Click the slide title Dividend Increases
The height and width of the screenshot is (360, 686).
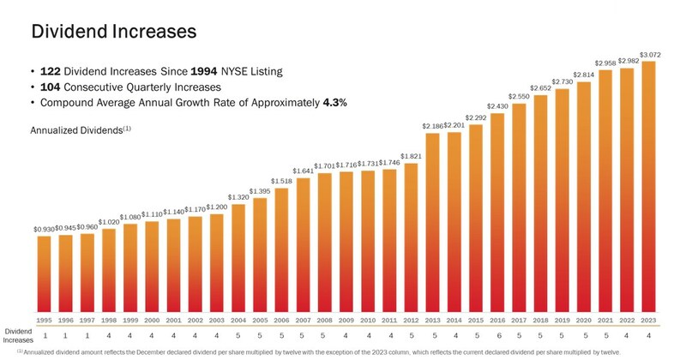click(114, 32)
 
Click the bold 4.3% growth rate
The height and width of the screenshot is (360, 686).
click(334, 103)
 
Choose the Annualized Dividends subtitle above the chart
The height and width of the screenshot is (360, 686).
click(80, 130)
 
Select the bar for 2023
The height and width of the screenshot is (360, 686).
click(650, 189)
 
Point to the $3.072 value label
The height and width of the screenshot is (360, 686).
click(650, 55)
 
